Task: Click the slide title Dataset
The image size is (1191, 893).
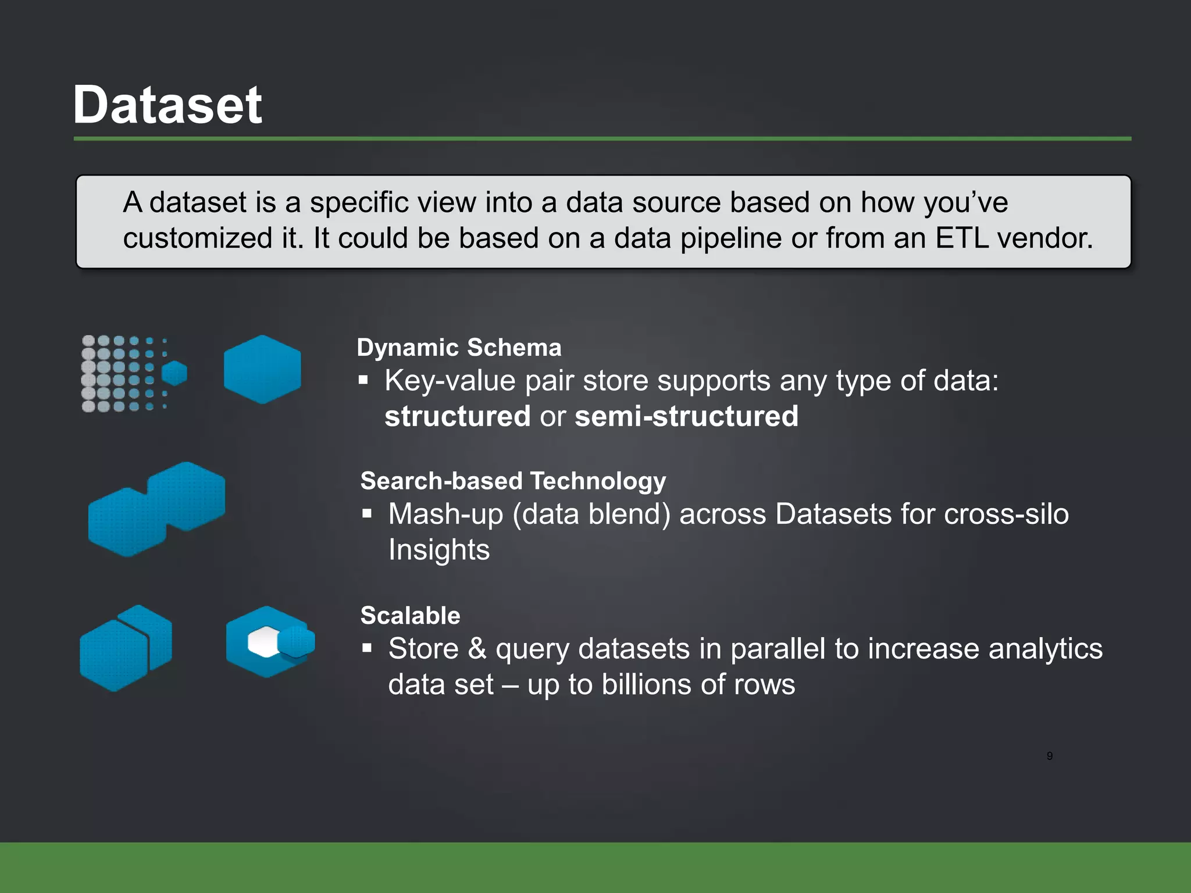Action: pos(167,105)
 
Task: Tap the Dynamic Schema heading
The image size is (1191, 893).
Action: pos(459,348)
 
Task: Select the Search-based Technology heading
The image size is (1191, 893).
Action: pos(513,481)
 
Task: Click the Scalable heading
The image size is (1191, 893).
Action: pos(410,615)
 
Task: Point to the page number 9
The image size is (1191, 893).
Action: pos(1049,756)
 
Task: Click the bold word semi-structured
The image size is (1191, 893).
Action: pos(686,416)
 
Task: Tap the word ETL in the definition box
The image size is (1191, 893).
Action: pos(962,238)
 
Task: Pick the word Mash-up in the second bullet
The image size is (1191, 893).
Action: pos(445,514)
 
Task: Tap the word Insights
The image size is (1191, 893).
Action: pos(439,549)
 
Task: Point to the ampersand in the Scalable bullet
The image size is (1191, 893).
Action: pos(477,648)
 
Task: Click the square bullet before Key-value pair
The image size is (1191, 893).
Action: pos(363,381)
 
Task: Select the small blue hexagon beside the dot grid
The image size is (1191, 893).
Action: pos(174,373)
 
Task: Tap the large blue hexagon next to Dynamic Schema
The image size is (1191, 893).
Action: pos(262,369)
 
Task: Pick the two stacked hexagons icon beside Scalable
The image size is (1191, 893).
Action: pos(126,648)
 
